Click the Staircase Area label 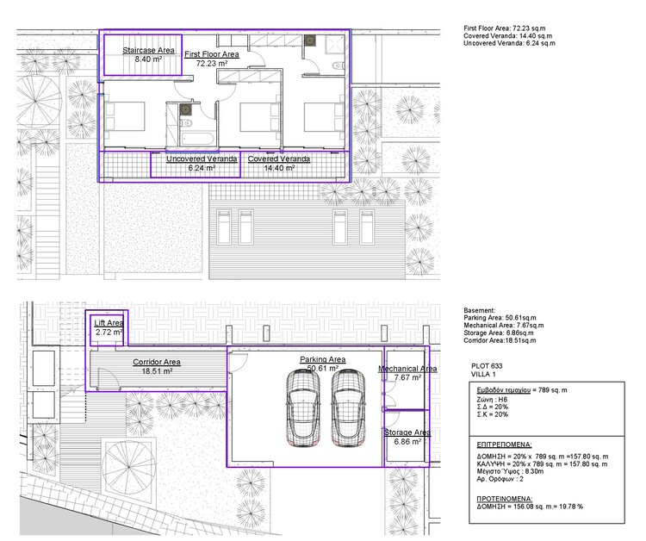click(x=148, y=51)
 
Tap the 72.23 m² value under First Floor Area click(x=211, y=64)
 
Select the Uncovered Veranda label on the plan click(x=190, y=159)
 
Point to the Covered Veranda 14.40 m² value click(x=279, y=169)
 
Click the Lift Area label click(x=109, y=322)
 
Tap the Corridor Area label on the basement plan click(x=156, y=362)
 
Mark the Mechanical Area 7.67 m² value click(x=407, y=377)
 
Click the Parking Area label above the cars click(x=322, y=359)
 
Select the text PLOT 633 click(x=488, y=366)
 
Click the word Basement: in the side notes click(x=480, y=309)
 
